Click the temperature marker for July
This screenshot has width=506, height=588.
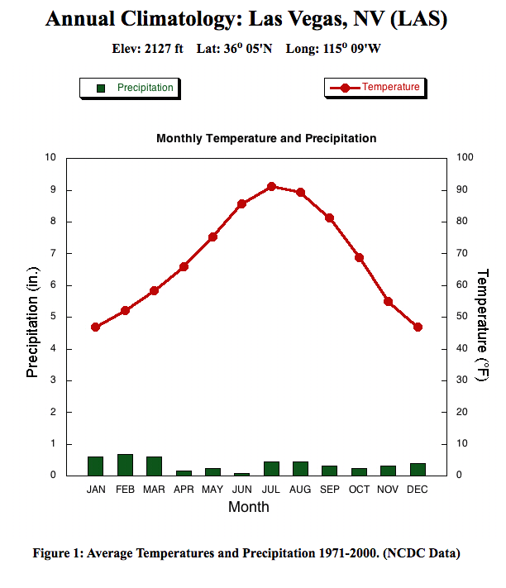click(x=271, y=187)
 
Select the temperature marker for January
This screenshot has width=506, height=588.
click(x=95, y=327)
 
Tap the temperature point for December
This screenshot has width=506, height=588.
click(x=418, y=327)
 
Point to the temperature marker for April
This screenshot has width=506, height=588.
click(x=184, y=266)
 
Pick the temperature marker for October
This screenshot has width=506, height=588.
click(x=359, y=257)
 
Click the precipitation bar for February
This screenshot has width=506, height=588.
click(x=125, y=465)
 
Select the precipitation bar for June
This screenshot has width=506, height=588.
click(x=242, y=474)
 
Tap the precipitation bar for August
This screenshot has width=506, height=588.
click(x=300, y=468)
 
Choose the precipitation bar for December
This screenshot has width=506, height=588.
click(x=418, y=469)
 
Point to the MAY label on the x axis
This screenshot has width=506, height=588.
click(x=212, y=490)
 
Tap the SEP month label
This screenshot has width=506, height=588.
click(x=330, y=490)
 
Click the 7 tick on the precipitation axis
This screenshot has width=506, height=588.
click(x=53, y=253)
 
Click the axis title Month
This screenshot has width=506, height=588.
click(x=248, y=507)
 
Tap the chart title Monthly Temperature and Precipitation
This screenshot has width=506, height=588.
click(x=266, y=138)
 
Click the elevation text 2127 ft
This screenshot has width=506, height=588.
click(x=164, y=49)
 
